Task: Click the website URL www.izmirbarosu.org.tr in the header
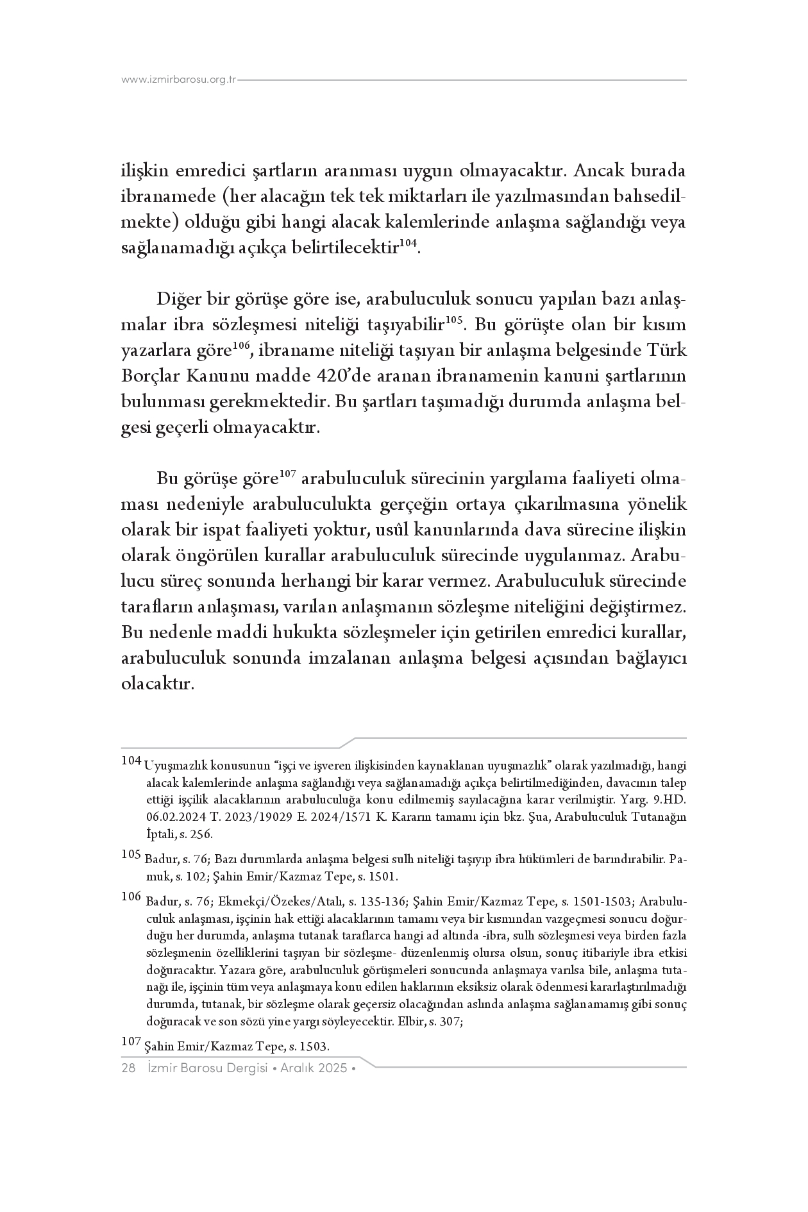point(179,80)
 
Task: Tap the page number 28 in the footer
point(128,1068)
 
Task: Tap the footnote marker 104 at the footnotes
point(131,761)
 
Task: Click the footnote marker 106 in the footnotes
point(131,896)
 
